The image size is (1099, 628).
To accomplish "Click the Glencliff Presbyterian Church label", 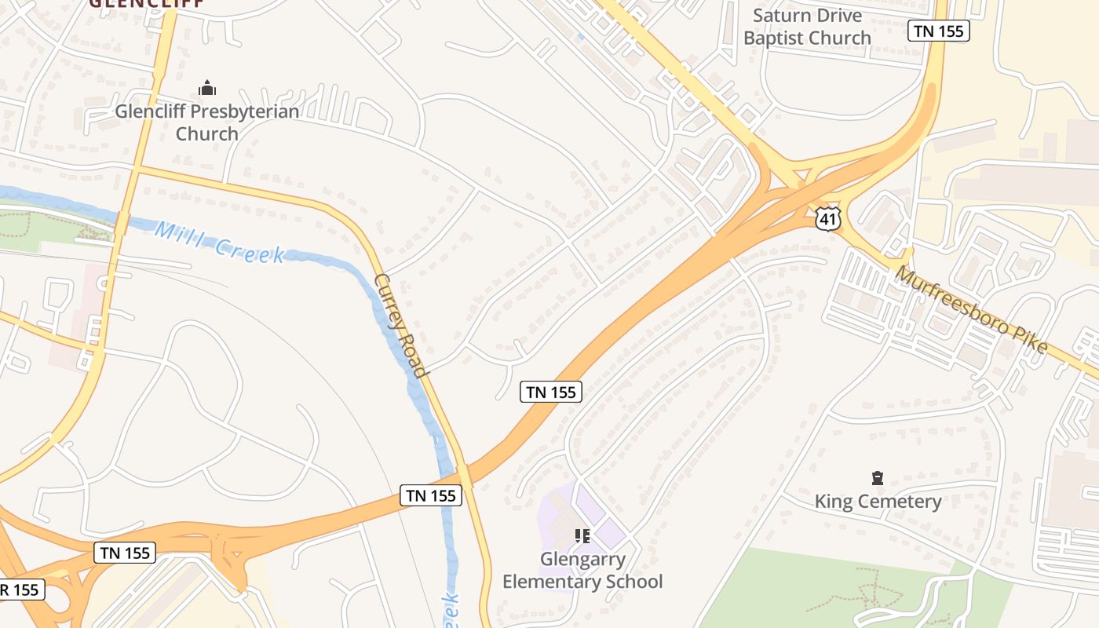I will coord(207,122).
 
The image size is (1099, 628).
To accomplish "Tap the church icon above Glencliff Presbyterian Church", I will coord(207,88).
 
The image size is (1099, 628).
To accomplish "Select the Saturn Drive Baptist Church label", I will coord(807,27).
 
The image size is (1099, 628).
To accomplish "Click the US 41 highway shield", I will coord(827,219).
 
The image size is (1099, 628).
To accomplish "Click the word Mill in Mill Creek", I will coord(175,235).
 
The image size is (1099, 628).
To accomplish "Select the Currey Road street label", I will coord(400,326).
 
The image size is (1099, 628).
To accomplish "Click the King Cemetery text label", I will coord(878,501).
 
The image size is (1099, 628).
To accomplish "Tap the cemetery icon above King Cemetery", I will coord(878,477).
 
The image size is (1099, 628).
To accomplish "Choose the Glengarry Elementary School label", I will coord(582,571).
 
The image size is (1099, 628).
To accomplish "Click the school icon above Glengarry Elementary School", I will coord(582,536).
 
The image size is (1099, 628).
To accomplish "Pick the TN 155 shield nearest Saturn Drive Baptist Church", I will coord(939,31).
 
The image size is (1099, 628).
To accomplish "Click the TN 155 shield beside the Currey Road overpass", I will coord(431,495).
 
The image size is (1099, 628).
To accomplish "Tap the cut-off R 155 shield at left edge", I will coord(21,590).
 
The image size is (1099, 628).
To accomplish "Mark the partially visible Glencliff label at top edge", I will coord(146,3).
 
